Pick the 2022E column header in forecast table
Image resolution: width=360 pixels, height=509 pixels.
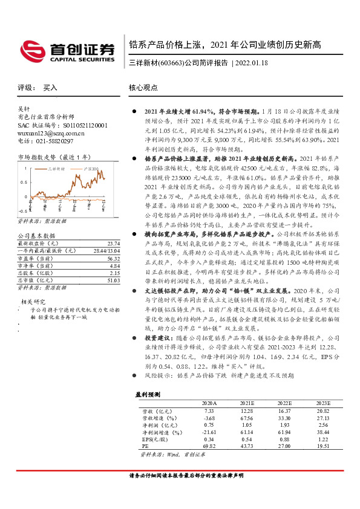coord(284,402)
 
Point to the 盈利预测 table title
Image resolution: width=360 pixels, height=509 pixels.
coord(148,394)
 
